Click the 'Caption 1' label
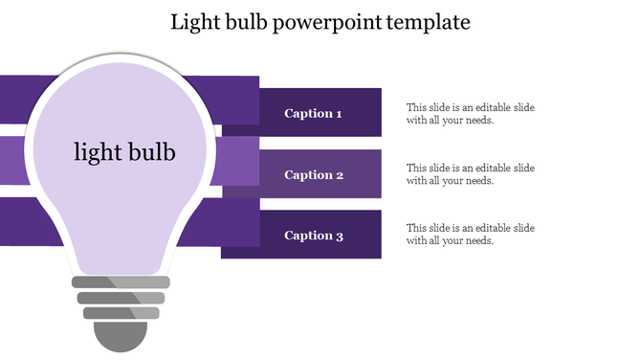coord(313,114)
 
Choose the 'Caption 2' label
coord(313,175)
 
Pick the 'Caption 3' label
coord(313,236)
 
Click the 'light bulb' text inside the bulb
coord(124,151)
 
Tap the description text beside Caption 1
coord(470,114)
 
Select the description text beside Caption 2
coord(470,174)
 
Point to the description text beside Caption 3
coord(470,235)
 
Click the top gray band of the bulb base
coord(122,282)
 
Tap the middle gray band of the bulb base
coord(122,298)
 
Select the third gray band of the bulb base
coord(122,313)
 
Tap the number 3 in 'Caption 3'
coord(339,236)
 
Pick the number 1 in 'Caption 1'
coord(339,114)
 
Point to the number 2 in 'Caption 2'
coord(339,175)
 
